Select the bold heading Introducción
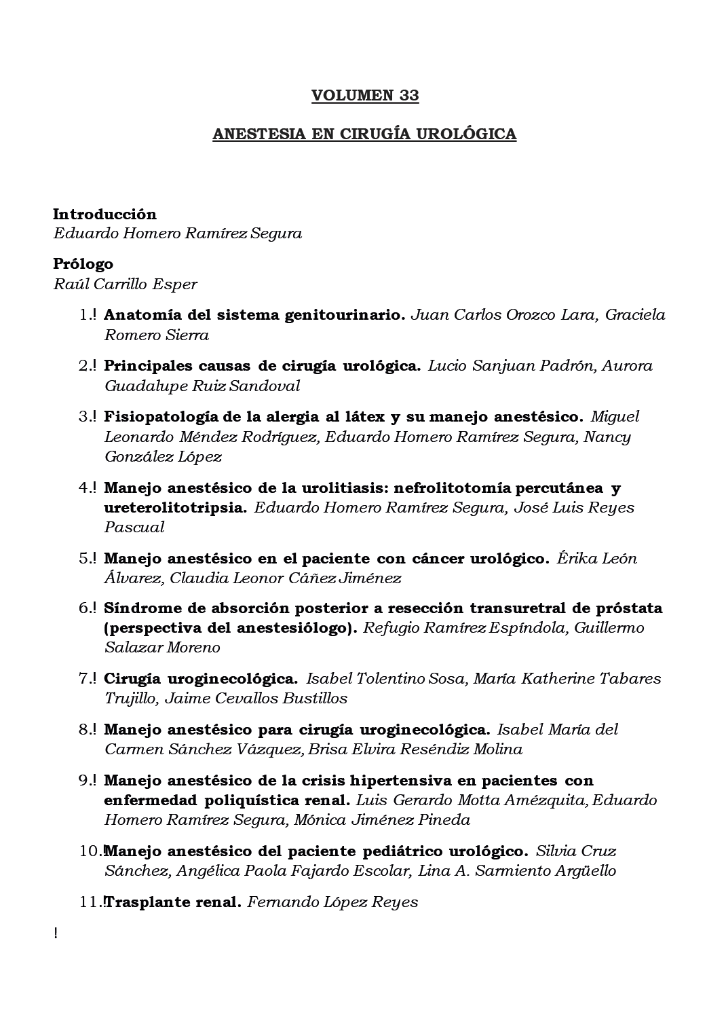[x=104, y=215]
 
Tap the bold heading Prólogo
[x=83, y=264]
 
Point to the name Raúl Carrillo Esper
[x=125, y=284]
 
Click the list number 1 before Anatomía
[x=83, y=315]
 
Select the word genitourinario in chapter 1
[x=358, y=315]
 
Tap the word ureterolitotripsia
[x=175, y=507]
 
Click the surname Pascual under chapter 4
[x=134, y=527]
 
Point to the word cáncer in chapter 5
[x=436, y=559]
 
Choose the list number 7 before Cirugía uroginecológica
[x=83, y=678]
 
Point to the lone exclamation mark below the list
[x=55, y=933]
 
